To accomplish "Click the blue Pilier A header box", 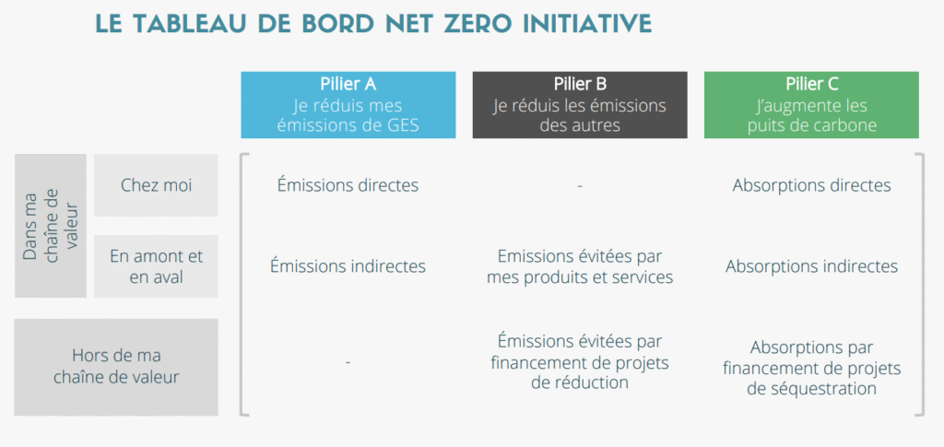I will pyautogui.click(x=348, y=105).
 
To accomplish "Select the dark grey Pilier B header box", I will pyautogui.click(x=579, y=105).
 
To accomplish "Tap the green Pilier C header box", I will pyautogui.click(x=811, y=105).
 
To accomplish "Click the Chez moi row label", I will pyautogui.click(x=156, y=185).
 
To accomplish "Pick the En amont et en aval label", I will pyautogui.click(x=156, y=266).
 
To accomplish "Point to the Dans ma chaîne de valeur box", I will pyautogui.click(x=51, y=226).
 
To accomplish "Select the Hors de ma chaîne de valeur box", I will pyautogui.click(x=116, y=367).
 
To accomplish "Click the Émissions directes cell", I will pyautogui.click(x=348, y=185).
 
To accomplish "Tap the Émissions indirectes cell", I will pyautogui.click(x=348, y=266).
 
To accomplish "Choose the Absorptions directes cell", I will pyautogui.click(x=811, y=185).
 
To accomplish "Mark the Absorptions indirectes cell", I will pyautogui.click(x=811, y=266).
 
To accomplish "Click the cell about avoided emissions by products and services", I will pyautogui.click(x=579, y=266).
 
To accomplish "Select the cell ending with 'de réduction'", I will pyautogui.click(x=579, y=361).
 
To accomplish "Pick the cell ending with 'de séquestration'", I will pyautogui.click(x=811, y=369).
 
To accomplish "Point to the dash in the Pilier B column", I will pyautogui.click(x=579, y=186).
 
